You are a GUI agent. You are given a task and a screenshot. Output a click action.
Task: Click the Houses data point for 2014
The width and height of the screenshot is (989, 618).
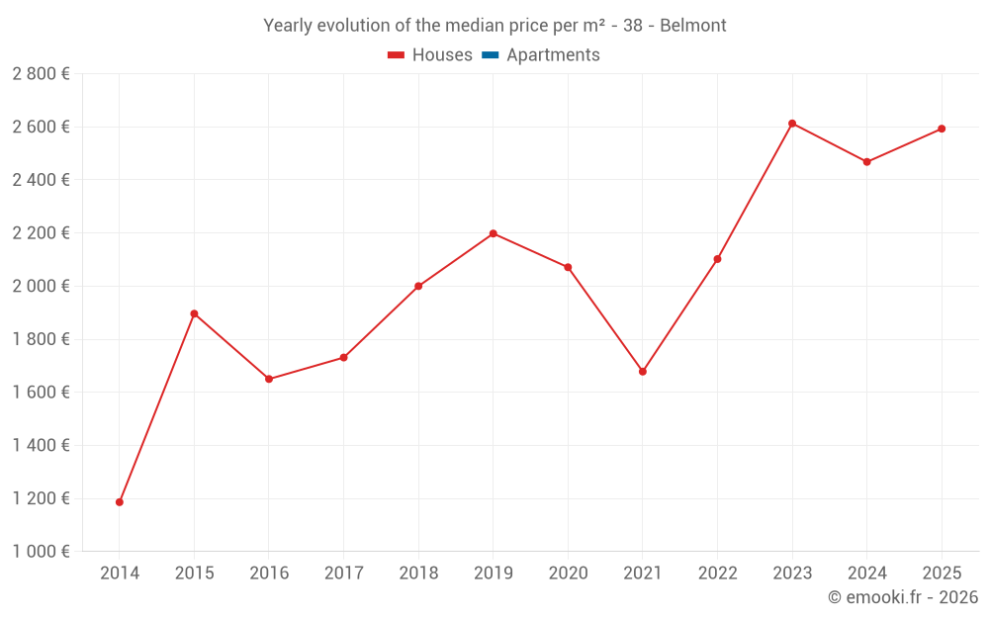pyautogui.click(x=120, y=502)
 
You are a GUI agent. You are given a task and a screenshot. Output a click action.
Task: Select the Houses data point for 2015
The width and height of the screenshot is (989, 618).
pyautogui.click(x=194, y=313)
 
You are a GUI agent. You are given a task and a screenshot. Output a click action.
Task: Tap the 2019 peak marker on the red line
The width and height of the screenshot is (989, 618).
pyautogui.click(x=494, y=233)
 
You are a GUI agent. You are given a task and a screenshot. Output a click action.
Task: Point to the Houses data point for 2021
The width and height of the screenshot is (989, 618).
pyautogui.click(x=643, y=372)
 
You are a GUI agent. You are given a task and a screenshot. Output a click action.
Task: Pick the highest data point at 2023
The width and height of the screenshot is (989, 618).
pyautogui.click(x=792, y=124)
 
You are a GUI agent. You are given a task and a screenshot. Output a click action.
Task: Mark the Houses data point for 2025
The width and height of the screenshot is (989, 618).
pyautogui.click(x=942, y=129)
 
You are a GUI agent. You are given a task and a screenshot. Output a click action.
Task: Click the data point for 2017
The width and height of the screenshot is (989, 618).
pyautogui.click(x=343, y=357)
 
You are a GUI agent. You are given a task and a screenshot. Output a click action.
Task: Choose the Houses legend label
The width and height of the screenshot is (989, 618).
pyautogui.click(x=442, y=55)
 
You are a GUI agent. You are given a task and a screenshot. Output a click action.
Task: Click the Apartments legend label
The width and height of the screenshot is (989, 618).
pyautogui.click(x=553, y=55)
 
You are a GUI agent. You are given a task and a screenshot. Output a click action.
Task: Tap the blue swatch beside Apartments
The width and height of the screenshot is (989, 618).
pyautogui.click(x=491, y=55)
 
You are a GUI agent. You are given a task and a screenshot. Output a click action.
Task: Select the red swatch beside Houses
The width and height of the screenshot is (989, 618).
pyautogui.click(x=397, y=55)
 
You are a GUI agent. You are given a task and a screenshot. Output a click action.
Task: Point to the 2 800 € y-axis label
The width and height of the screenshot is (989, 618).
pyautogui.click(x=41, y=74)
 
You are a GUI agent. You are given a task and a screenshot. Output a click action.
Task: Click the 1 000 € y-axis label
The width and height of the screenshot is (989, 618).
pyautogui.click(x=41, y=552)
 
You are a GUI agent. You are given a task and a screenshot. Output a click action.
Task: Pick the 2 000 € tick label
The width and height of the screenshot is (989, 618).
pyautogui.click(x=41, y=286)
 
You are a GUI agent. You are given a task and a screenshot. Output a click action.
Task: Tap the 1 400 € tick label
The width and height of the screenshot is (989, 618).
pyautogui.click(x=41, y=445)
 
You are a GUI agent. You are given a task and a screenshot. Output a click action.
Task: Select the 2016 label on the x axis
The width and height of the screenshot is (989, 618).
pyautogui.click(x=269, y=574)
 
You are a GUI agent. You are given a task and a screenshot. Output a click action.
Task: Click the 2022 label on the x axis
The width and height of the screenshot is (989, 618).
pyautogui.click(x=717, y=574)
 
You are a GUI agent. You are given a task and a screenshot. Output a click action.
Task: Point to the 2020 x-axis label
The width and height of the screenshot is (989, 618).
pyautogui.click(x=568, y=574)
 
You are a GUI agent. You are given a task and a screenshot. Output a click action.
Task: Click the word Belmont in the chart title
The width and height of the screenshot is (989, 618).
pyautogui.click(x=693, y=26)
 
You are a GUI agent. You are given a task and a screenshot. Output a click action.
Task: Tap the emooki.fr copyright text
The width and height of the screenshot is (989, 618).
pyautogui.click(x=903, y=597)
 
